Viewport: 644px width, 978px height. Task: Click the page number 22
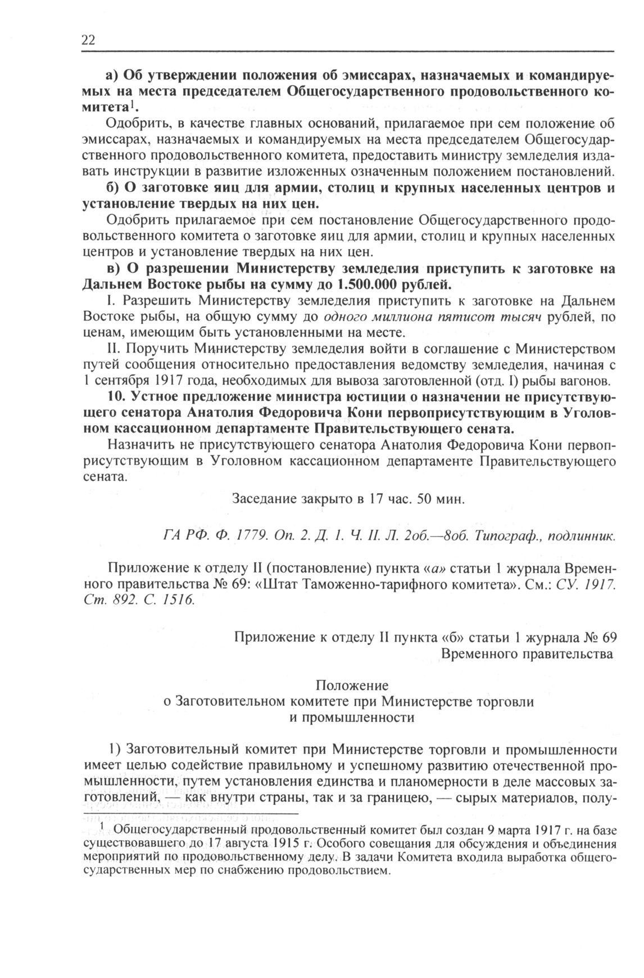[x=89, y=40]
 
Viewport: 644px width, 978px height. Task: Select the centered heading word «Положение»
[x=352, y=686]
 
